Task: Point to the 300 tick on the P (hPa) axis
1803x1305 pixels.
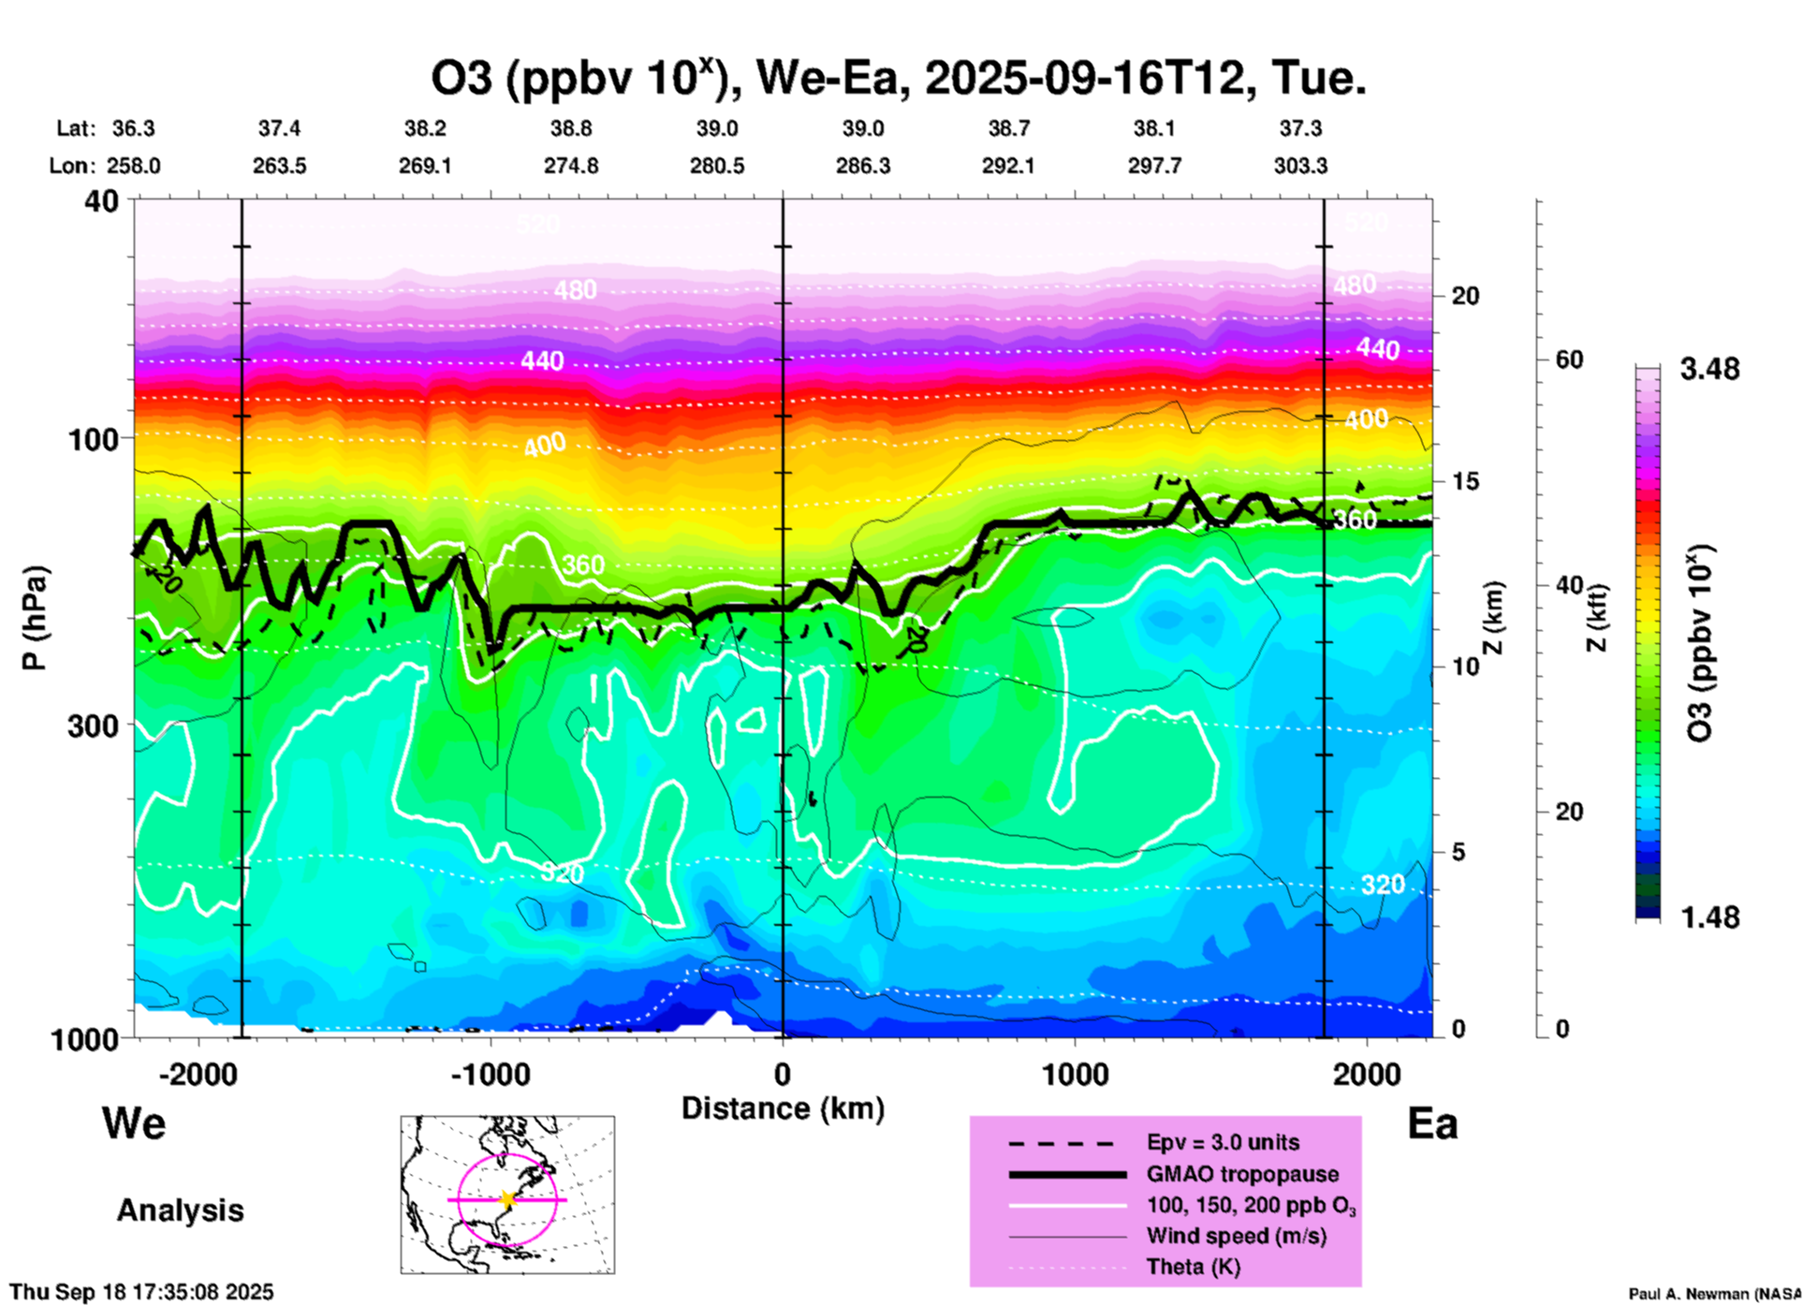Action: (x=94, y=726)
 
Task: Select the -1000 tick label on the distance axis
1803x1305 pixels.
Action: (x=490, y=1074)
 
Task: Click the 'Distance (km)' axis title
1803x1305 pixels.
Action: (x=783, y=1108)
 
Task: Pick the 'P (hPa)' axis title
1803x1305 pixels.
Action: (x=35, y=618)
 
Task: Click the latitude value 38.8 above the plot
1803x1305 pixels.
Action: (x=571, y=128)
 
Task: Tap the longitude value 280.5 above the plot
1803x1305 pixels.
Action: (x=717, y=166)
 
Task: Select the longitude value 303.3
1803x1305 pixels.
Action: (x=1300, y=166)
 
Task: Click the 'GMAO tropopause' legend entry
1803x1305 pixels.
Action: (x=1242, y=1174)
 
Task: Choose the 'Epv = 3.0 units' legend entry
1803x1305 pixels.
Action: (x=1223, y=1142)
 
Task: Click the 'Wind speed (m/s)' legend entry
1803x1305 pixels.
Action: (x=1236, y=1236)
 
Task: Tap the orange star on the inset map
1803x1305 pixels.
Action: (x=507, y=1199)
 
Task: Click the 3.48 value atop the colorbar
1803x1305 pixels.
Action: (x=1709, y=370)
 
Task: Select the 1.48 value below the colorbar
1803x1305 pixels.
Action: (x=1709, y=917)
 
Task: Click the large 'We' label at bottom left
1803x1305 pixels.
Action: (x=134, y=1122)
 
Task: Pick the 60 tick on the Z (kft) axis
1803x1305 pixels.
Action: (x=1569, y=359)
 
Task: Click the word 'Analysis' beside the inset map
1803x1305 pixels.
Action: (x=180, y=1210)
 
